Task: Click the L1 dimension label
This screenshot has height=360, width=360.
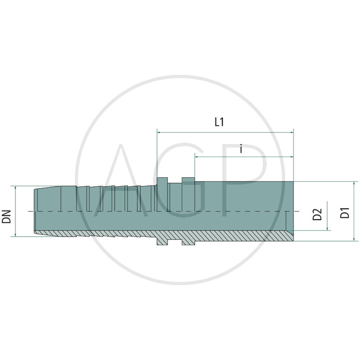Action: point(219,122)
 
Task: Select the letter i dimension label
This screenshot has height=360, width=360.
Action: point(241,148)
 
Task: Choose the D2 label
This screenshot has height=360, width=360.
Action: point(318,214)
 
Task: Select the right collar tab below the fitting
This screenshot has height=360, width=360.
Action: point(188,242)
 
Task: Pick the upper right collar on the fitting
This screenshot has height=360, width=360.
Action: point(188,180)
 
